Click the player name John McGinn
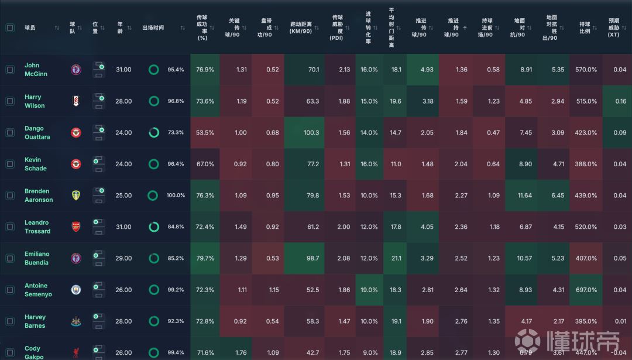(36, 70)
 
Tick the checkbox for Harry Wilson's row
(10, 101)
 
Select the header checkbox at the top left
(10, 28)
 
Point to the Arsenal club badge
(76, 227)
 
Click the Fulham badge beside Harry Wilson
(76, 101)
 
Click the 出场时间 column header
(153, 28)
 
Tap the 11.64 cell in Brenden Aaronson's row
(520, 196)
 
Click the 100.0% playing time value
(176, 196)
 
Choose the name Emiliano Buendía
(37, 258)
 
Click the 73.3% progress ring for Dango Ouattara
(154, 133)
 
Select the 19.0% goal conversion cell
(369, 290)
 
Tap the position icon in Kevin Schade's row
(98, 164)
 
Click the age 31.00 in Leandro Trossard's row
(123, 227)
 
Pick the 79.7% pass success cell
(205, 258)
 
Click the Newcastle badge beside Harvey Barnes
(76, 321)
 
